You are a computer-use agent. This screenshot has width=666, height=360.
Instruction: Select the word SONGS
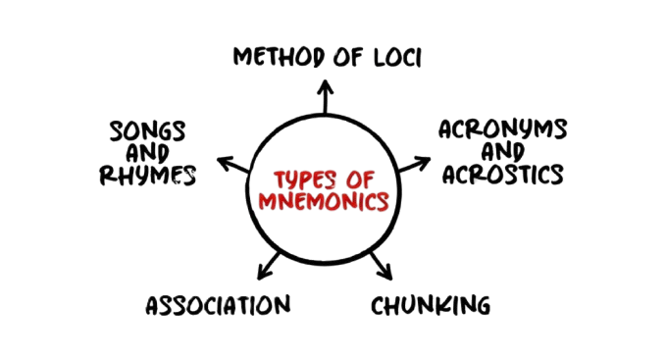pyautogui.click(x=148, y=131)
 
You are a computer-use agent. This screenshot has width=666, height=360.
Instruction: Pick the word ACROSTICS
pyautogui.click(x=503, y=175)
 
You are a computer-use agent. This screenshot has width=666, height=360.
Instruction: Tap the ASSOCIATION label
pyautogui.click(x=218, y=306)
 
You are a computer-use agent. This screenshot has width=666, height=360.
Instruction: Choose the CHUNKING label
pyautogui.click(x=431, y=306)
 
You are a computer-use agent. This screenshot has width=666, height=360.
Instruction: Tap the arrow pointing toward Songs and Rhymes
pyautogui.click(x=232, y=163)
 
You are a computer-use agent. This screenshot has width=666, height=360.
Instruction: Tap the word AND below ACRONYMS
pyautogui.click(x=502, y=153)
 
